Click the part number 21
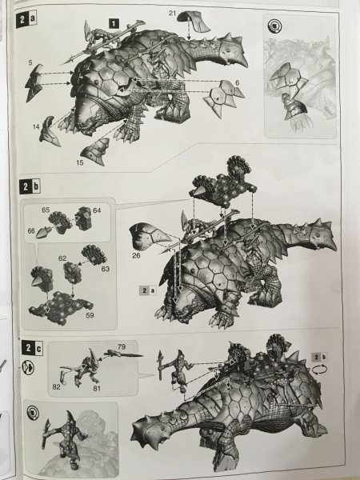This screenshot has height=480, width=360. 172,13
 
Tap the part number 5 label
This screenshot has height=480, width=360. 30,62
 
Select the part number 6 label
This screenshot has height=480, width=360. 238,82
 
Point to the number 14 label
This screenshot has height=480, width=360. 36,126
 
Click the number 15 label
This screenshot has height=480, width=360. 79,162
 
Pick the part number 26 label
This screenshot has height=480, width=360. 136,255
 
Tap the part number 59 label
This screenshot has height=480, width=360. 90,314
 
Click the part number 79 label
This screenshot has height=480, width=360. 122,346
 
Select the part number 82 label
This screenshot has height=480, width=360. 56,386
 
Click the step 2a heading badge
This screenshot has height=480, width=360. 26,20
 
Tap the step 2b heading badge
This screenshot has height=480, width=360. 30,186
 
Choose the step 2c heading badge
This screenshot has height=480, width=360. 32,348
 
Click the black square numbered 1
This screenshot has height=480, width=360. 114,23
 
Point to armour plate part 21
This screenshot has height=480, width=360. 194,21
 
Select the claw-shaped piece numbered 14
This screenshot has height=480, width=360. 50,131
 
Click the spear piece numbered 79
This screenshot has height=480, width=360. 124,354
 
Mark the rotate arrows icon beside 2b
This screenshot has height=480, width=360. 319,370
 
